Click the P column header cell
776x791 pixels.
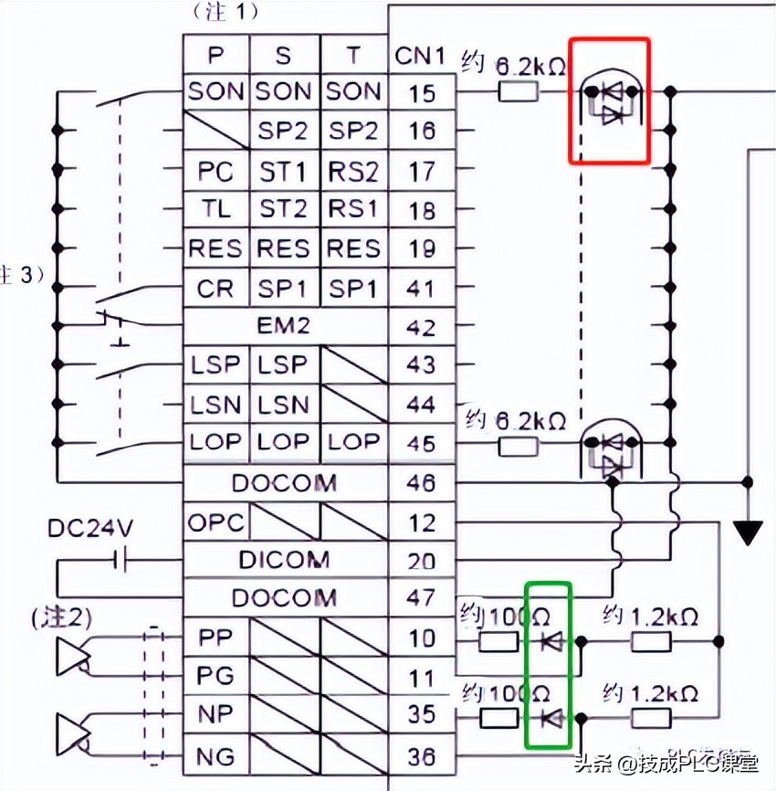pyautogui.click(x=216, y=55)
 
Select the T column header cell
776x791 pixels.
pyautogui.click(x=353, y=55)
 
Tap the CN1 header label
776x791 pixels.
pyautogui.click(x=421, y=56)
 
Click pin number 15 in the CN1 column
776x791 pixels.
pyautogui.click(x=421, y=92)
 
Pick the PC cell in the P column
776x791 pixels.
pyautogui.click(x=216, y=171)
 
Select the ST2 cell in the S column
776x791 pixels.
pyautogui.click(x=284, y=209)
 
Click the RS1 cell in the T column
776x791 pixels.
pyautogui.click(x=353, y=209)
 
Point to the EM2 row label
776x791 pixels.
pyautogui.click(x=284, y=326)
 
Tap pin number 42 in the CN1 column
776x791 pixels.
pyautogui.click(x=421, y=326)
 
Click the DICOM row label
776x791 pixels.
pyautogui.click(x=284, y=559)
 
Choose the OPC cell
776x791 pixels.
pyautogui.click(x=216, y=522)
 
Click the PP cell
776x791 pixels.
pyautogui.click(x=216, y=638)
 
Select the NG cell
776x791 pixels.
pyautogui.click(x=216, y=756)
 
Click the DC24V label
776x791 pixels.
pyautogui.click(x=89, y=528)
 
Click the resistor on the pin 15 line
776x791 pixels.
pyautogui.click(x=518, y=91)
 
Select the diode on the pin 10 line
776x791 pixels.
pyautogui.click(x=551, y=641)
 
